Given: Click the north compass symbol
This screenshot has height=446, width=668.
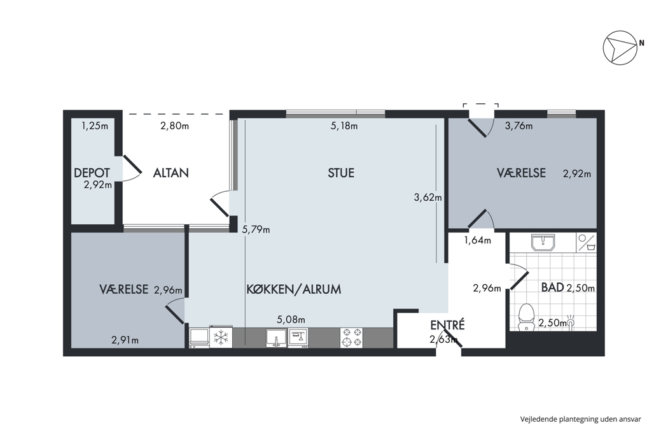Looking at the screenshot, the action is click(620, 48).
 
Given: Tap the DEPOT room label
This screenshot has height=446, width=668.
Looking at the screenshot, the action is click(92, 173).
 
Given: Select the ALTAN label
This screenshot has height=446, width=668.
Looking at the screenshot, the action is click(171, 173).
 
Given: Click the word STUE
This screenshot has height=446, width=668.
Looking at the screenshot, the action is click(341, 173).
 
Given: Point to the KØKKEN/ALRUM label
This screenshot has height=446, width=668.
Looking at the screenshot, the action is click(294, 289).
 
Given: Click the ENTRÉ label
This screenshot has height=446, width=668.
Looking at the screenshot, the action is click(447, 325).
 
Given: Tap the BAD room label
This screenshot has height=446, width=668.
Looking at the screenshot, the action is click(553, 287).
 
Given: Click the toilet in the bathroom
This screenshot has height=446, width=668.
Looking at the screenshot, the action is click(527, 317).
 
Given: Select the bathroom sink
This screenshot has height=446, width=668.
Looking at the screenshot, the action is click(543, 242).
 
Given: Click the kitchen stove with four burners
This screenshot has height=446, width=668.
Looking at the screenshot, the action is click(351, 337).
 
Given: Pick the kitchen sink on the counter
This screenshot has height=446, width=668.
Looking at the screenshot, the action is click(276, 338).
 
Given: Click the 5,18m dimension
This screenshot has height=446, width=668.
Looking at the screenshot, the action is click(344, 126).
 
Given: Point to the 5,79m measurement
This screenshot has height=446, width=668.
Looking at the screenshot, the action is click(256, 229).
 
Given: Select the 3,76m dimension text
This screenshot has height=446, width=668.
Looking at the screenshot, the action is click(519, 126).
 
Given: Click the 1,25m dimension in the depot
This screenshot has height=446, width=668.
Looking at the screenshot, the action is click(95, 126).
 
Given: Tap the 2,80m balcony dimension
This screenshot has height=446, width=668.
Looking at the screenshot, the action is click(175, 126).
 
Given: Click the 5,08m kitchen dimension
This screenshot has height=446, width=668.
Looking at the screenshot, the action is click(291, 319).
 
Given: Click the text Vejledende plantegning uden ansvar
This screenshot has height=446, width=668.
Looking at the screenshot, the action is click(580, 419).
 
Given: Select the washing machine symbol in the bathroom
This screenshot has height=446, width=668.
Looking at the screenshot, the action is click(587, 242).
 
